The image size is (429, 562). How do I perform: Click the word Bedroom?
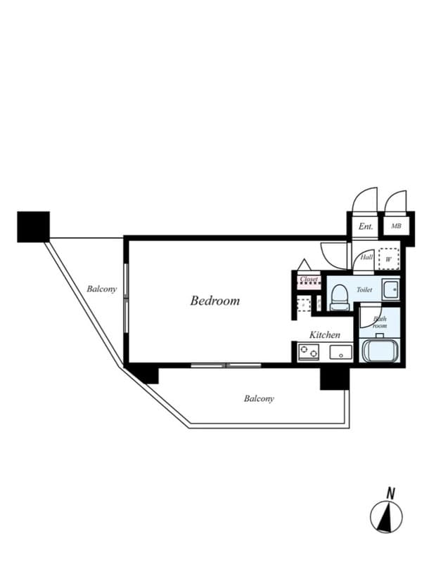[214, 301]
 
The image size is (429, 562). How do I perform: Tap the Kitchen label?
[325, 335]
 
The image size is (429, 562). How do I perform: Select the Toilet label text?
[364, 289]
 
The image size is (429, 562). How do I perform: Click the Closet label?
[309, 280]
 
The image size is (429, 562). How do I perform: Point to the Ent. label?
[366, 227]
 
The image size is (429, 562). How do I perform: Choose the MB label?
[396, 227]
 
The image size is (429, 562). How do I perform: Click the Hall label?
[366, 258]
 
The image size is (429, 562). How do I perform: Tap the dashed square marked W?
[388, 259]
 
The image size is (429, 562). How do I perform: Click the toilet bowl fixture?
[338, 297]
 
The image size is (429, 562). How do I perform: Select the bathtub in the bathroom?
[380, 349]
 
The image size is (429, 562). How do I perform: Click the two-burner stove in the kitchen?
[308, 352]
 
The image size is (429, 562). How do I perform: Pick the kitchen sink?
[340, 352]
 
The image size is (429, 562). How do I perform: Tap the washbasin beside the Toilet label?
[391, 289]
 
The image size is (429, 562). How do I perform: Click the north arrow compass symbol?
[387, 517]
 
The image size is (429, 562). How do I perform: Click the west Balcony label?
[101, 289]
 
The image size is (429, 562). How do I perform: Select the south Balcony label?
[259, 398]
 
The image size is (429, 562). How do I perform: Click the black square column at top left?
[34, 226]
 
